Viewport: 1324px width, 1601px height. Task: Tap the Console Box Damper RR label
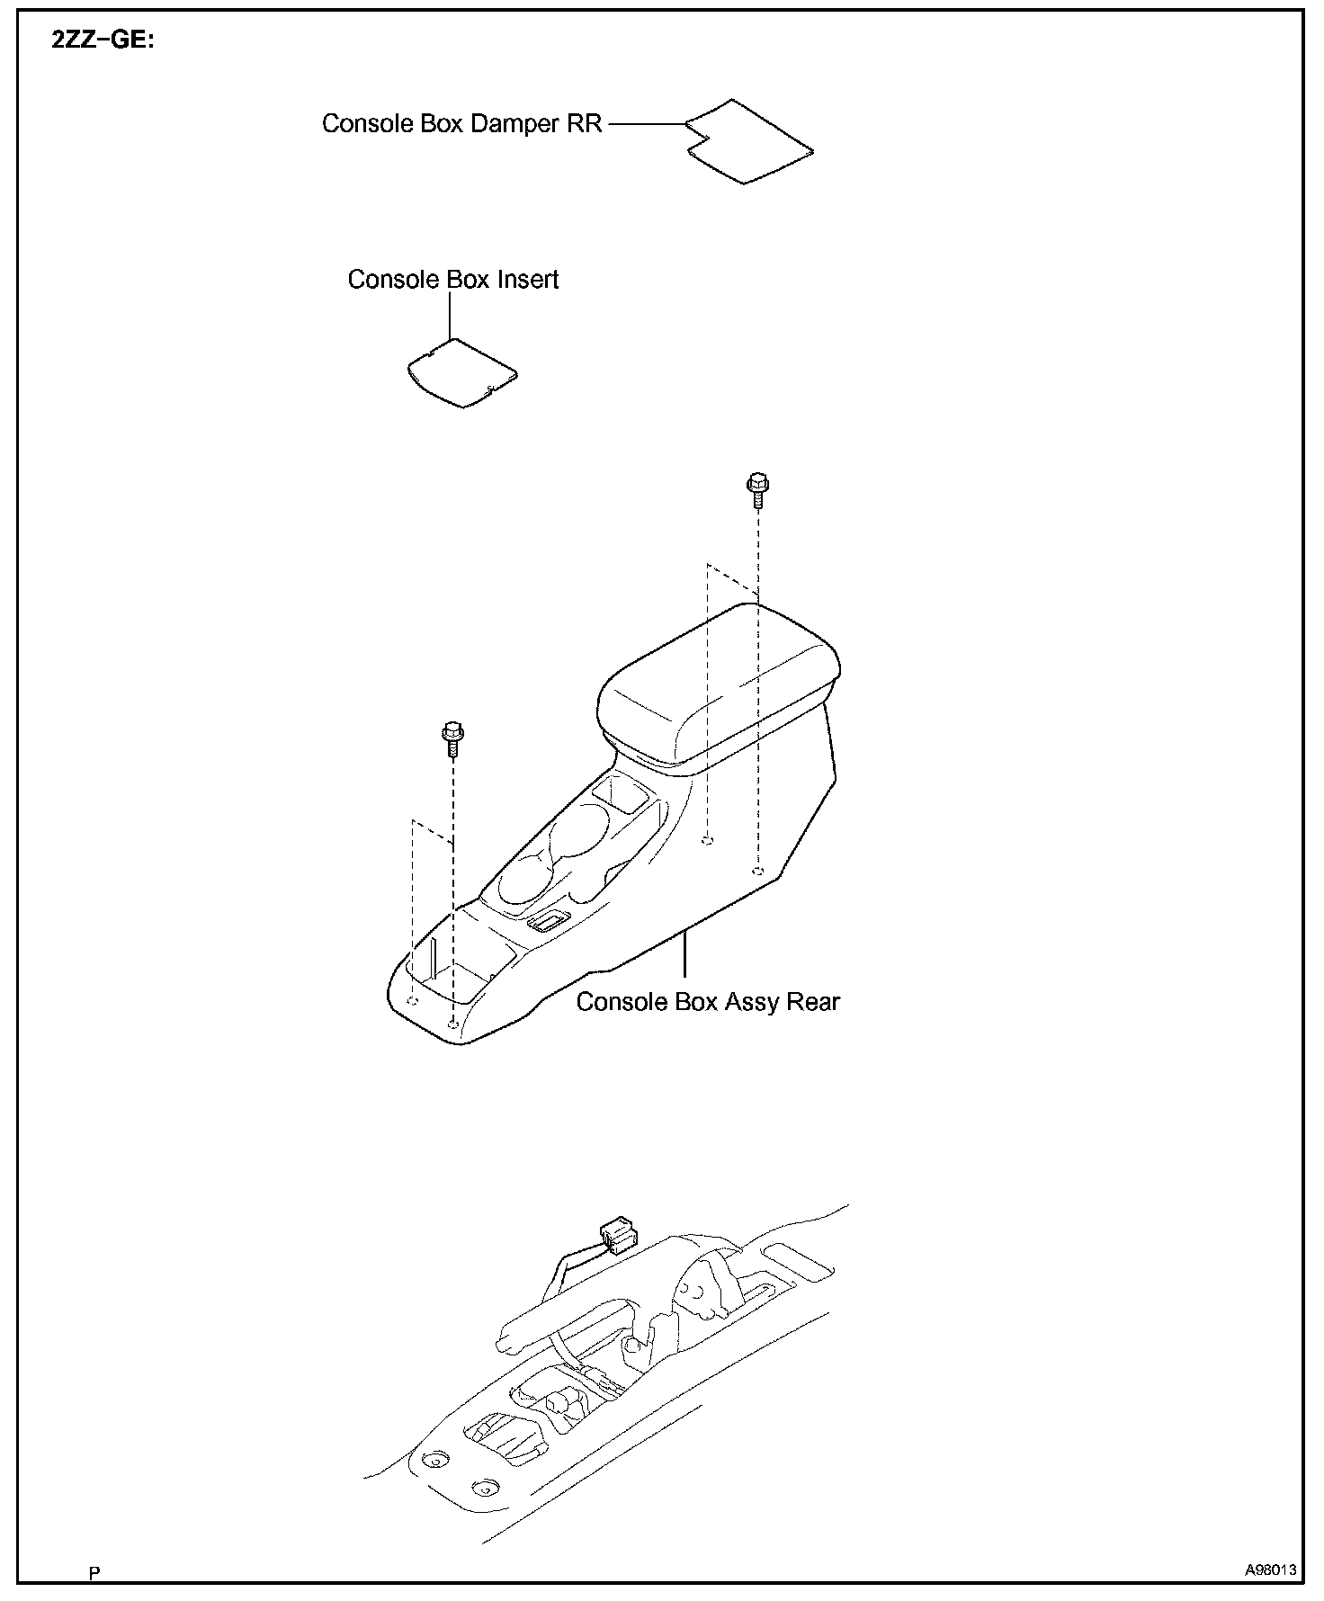[461, 123]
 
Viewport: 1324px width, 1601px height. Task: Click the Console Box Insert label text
[452, 280]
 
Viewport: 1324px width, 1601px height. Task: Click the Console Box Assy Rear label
[707, 1002]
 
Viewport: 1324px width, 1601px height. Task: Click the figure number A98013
[1270, 1570]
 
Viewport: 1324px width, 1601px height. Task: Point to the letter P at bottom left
[94, 1573]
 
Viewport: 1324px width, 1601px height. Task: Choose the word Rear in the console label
[812, 1002]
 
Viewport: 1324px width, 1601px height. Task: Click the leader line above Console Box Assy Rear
[685, 958]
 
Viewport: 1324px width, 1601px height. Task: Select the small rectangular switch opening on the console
[547, 920]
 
